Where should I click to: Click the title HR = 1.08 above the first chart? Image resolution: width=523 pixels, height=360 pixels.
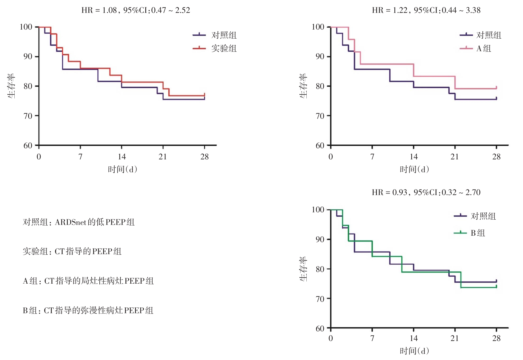pyautogui.click(x=136, y=10)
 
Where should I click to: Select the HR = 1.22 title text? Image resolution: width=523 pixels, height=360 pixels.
pyautogui.click(x=426, y=10)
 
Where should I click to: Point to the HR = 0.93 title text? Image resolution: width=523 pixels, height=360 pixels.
pyautogui.click(x=426, y=192)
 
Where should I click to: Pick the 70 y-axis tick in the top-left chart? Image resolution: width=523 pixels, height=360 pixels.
pyautogui.click(x=28, y=116)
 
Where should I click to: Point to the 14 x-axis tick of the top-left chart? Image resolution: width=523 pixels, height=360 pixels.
pyautogui.click(x=122, y=157)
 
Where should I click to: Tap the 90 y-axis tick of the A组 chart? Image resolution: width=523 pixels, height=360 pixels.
pyautogui.click(x=320, y=56)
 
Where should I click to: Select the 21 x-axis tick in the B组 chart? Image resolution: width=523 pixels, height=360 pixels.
pyautogui.click(x=455, y=338)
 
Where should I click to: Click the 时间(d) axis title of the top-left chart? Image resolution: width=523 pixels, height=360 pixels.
pyautogui.click(x=122, y=169)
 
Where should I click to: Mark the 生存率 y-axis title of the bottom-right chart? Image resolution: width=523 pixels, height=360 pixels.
pyautogui.click(x=303, y=269)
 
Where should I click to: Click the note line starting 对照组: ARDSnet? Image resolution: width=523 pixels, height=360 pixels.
pyautogui.click(x=79, y=222)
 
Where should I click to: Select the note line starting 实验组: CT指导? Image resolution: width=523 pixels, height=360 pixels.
pyautogui.click(x=72, y=252)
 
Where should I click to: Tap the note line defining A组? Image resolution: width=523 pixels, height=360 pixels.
pyautogui.click(x=88, y=281)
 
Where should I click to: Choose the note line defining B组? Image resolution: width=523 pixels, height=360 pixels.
pyautogui.click(x=88, y=310)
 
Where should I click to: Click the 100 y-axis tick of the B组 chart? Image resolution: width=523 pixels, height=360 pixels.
pyautogui.click(x=318, y=210)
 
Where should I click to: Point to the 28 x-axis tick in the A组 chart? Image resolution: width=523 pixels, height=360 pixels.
pyautogui.click(x=496, y=157)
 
